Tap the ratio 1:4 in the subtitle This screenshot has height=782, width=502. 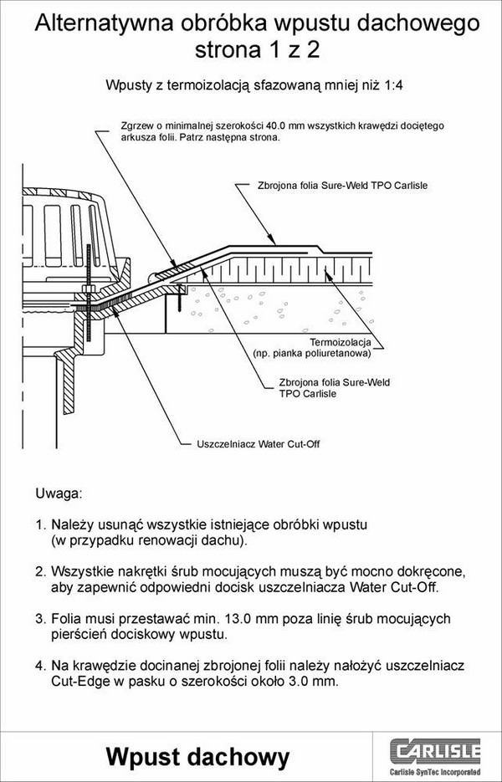coord(393,85)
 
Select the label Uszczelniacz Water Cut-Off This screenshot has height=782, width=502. coord(258,444)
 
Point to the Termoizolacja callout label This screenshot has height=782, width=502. coord(341,343)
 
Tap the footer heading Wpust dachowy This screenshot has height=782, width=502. coord(197,757)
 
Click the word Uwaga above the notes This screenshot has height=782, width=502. coord(58,494)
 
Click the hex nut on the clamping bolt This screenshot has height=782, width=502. coord(89,289)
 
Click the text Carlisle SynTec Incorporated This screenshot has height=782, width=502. coord(435,772)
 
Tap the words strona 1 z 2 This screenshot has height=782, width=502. coord(257,50)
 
